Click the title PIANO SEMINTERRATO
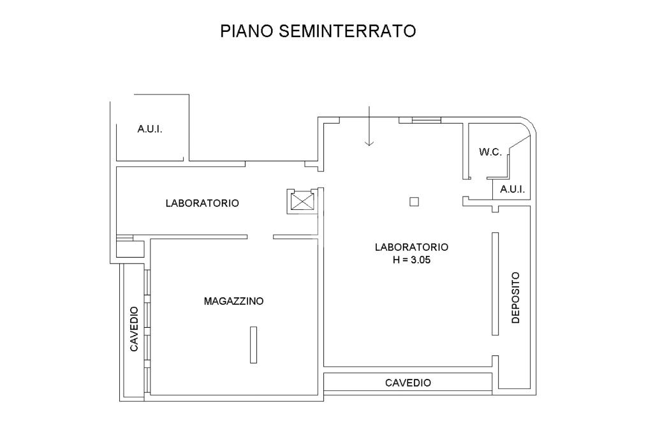click(x=318, y=31)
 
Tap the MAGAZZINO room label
click(x=233, y=301)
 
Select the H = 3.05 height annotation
click(x=411, y=260)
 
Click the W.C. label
click(x=490, y=152)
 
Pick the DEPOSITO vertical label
click(x=515, y=297)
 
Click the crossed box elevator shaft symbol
click(x=302, y=202)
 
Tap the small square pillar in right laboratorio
click(x=414, y=202)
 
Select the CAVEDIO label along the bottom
click(x=408, y=383)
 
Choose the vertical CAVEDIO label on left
click(x=134, y=329)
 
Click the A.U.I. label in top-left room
click(x=150, y=129)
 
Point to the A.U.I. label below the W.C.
click(x=512, y=189)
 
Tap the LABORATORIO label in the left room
click(x=202, y=203)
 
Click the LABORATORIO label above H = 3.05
click(x=411, y=247)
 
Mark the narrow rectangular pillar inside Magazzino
click(x=253, y=345)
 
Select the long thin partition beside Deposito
click(x=495, y=284)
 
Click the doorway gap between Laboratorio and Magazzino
click(x=260, y=237)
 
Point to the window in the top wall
click(x=427, y=121)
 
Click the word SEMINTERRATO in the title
click(x=348, y=31)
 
